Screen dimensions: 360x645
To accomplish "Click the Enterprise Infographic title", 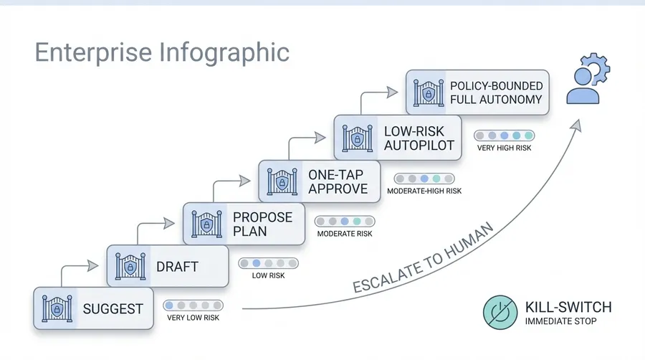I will click(162, 54).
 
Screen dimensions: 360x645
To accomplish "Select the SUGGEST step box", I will click(93, 309).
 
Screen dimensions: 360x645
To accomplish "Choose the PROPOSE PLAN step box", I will click(244, 223).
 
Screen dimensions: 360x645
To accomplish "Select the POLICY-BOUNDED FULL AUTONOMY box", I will click(477, 93).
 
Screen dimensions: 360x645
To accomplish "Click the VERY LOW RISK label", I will click(193, 317).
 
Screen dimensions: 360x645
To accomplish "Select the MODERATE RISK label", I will click(344, 234).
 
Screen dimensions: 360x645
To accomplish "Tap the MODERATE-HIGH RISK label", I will click(424, 191).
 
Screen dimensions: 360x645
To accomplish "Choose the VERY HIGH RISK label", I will click(505, 148).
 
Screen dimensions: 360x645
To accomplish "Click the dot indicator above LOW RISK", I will click(268, 263).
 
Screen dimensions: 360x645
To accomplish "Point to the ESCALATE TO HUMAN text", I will click(424, 258).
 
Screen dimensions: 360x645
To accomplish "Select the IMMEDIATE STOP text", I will click(560, 321).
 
